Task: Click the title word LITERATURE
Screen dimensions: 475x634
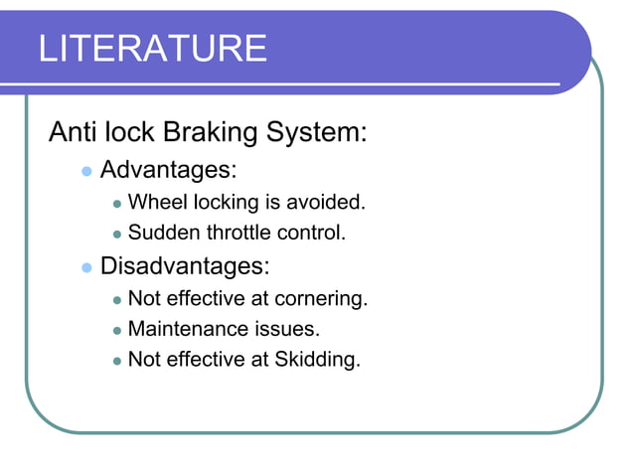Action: click(153, 48)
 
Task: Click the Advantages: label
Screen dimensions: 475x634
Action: click(168, 171)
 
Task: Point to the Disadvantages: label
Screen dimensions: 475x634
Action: click(185, 266)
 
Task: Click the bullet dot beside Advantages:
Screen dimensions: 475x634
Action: click(85, 172)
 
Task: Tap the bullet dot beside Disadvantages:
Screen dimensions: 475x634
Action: click(85, 267)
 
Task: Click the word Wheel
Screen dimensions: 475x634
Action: click(154, 203)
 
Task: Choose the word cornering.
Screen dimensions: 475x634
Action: click(322, 298)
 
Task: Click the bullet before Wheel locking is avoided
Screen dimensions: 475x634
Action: click(116, 204)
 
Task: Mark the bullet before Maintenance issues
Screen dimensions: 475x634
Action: click(116, 329)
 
